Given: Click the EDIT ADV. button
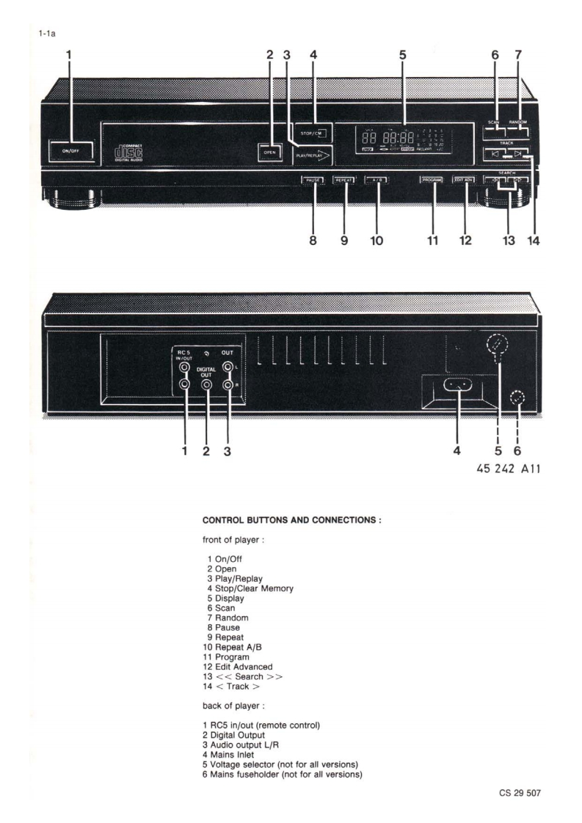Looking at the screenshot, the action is coord(464,180).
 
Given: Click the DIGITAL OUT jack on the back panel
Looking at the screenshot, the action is coord(208,384).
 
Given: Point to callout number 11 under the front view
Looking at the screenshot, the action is coord(432,240).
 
